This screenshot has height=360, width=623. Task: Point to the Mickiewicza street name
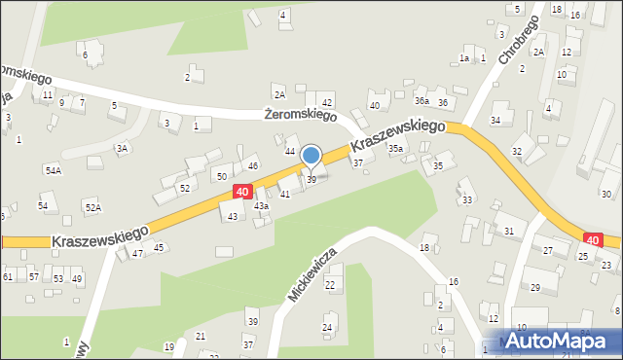click(x=312, y=273)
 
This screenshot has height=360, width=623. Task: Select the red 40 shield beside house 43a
click(x=241, y=193)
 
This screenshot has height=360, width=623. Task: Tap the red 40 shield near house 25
click(x=592, y=238)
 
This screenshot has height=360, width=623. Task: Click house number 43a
click(x=261, y=206)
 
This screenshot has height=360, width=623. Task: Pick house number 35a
click(x=396, y=149)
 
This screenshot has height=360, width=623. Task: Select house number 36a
click(x=421, y=101)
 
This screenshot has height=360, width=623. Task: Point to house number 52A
click(x=92, y=207)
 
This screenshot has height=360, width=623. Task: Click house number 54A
click(x=53, y=170)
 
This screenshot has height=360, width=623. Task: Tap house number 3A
click(x=122, y=149)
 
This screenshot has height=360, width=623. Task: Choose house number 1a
click(x=464, y=58)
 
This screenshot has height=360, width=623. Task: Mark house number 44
click(x=289, y=152)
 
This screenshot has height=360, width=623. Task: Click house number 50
click(x=222, y=176)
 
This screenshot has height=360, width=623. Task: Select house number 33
click(x=467, y=200)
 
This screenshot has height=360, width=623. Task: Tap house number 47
click(x=137, y=253)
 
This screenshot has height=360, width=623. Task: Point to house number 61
click(x=7, y=277)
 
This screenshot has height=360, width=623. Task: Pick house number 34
click(x=495, y=121)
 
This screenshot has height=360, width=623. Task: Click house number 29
click(x=534, y=287)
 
